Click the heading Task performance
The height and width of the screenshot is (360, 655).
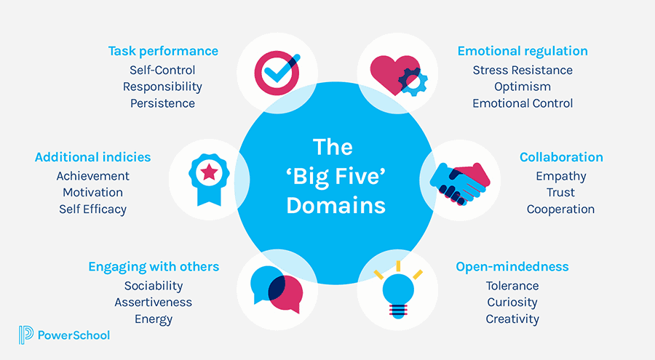pos(163,51)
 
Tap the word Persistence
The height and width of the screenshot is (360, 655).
pos(162,103)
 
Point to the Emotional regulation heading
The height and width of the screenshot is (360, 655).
pos(523,51)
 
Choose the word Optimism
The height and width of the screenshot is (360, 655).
pos(523,87)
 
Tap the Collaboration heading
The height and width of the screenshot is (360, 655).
pos(561,157)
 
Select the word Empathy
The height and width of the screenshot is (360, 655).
pos(561,176)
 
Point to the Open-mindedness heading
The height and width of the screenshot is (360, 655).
pos(512,267)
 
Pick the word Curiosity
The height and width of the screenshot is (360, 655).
pos(512,302)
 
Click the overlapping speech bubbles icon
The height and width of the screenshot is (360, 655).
pos(276,288)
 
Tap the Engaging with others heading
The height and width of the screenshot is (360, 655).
pos(154,267)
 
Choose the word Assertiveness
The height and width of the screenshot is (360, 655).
pos(154,302)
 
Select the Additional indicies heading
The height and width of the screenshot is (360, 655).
pos(93,157)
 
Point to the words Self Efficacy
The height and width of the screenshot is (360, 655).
pos(93,209)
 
